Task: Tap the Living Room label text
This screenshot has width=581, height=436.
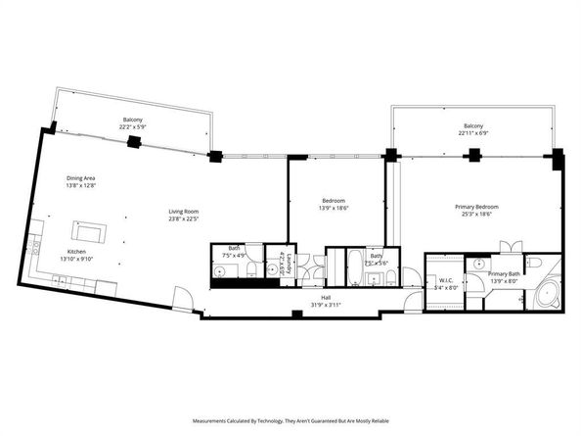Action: [x=184, y=212]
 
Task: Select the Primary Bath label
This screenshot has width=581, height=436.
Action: [x=504, y=274]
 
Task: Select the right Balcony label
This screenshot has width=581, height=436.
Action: [x=473, y=127]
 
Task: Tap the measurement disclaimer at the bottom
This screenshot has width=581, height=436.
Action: [x=290, y=420]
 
